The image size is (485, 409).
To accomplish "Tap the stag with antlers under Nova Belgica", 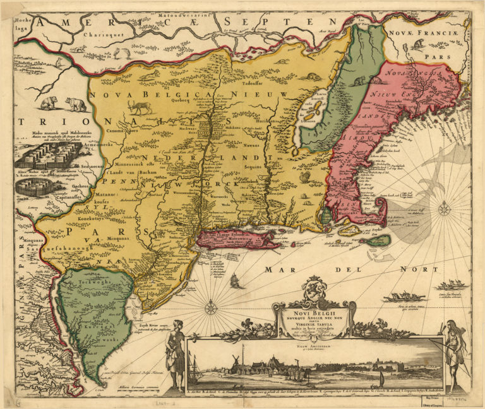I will tap(140, 107).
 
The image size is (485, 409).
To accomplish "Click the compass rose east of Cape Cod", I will tap(444, 207).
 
